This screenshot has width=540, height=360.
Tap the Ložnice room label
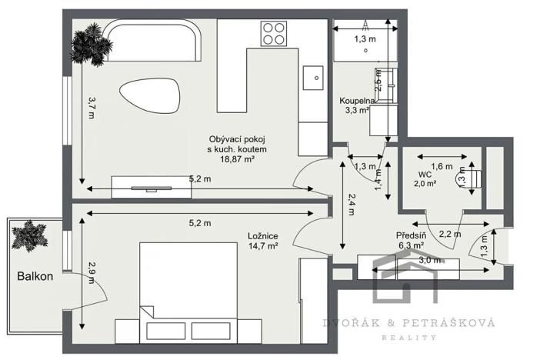(262, 235)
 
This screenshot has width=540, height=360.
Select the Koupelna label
(358, 101)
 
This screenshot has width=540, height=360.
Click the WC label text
(424, 174)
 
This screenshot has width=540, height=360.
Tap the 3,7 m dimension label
(91, 108)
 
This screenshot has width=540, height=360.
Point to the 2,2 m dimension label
(449, 233)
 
